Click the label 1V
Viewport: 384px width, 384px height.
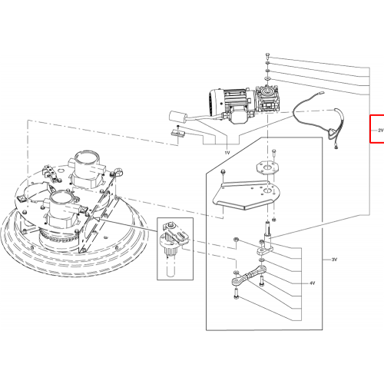(x=227, y=153)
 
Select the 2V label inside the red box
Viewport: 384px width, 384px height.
(x=381, y=131)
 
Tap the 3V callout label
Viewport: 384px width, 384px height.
(x=334, y=260)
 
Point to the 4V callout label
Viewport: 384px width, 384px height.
(x=312, y=283)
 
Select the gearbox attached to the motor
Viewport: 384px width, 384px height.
(x=266, y=99)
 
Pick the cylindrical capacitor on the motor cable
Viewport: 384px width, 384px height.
(x=178, y=117)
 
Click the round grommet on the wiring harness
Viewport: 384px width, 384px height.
(x=333, y=134)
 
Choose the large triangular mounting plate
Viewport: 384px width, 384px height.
(x=247, y=195)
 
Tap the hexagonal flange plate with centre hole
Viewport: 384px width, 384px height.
(x=267, y=167)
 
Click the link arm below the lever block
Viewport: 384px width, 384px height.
(x=248, y=278)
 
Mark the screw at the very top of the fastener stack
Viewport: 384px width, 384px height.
(x=267, y=55)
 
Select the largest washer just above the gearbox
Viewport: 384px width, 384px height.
(x=267, y=78)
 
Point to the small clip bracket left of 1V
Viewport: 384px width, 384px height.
(x=177, y=133)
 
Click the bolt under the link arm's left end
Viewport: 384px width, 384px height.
(x=236, y=293)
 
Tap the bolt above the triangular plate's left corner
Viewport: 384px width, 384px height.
(x=223, y=172)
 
